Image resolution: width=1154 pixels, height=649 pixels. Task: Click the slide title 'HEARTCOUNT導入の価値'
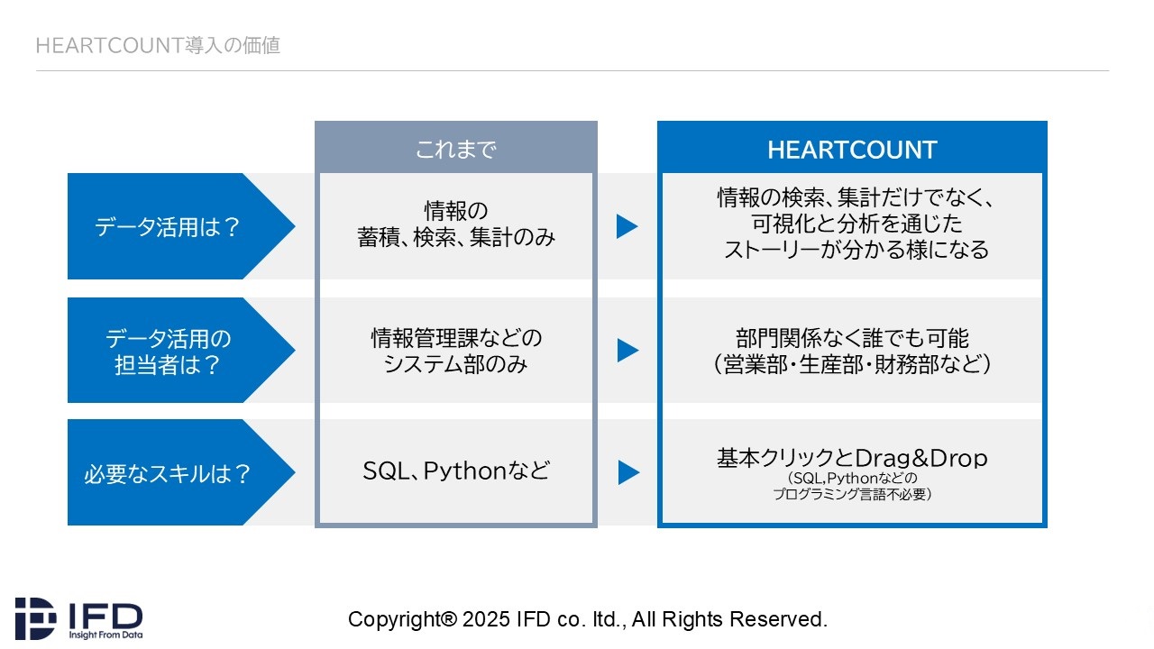pyautogui.click(x=158, y=45)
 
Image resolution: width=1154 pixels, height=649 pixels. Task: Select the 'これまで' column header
pyautogui.click(x=456, y=150)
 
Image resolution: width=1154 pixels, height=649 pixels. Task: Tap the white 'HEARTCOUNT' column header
pyautogui.click(x=852, y=150)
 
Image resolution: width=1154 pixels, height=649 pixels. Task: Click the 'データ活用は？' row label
pyautogui.click(x=168, y=226)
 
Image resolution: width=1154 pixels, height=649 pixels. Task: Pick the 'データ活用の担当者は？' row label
pyautogui.click(x=168, y=352)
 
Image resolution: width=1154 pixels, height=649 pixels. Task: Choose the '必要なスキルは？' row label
pyautogui.click(x=168, y=474)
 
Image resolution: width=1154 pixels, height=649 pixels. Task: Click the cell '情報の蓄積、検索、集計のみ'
pyautogui.click(x=456, y=224)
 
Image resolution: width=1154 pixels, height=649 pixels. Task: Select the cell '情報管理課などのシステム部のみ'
pyautogui.click(x=456, y=352)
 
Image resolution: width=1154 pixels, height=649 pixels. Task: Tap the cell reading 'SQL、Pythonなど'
pyautogui.click(x=456, y=471)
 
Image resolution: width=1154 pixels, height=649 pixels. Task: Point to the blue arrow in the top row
pyautogui.click(x=627, y=226)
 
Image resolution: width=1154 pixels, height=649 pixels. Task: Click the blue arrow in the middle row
pyautogui.click(x=627, y=351)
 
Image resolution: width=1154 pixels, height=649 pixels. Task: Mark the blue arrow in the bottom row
pyautogui.click(x=628, y=472)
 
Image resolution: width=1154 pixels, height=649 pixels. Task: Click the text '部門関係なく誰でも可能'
pyautogui.click(x=852, y=338)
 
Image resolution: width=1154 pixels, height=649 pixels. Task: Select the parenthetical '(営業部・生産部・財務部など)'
pyautogui.click(x=852, y=364)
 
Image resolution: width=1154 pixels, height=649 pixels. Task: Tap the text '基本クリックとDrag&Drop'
pyautogui.click(x=852, y=458)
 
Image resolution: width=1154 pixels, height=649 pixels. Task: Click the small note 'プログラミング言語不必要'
pyautogui.click(x=852, y=494)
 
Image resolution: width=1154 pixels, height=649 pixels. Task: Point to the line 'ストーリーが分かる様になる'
pyautogui.click(x=856, y=250)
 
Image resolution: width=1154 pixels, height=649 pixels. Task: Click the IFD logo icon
pyautogui.click(x=35, y=618)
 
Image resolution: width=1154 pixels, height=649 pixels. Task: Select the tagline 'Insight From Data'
pyautogui.click(x=105, y=635)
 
